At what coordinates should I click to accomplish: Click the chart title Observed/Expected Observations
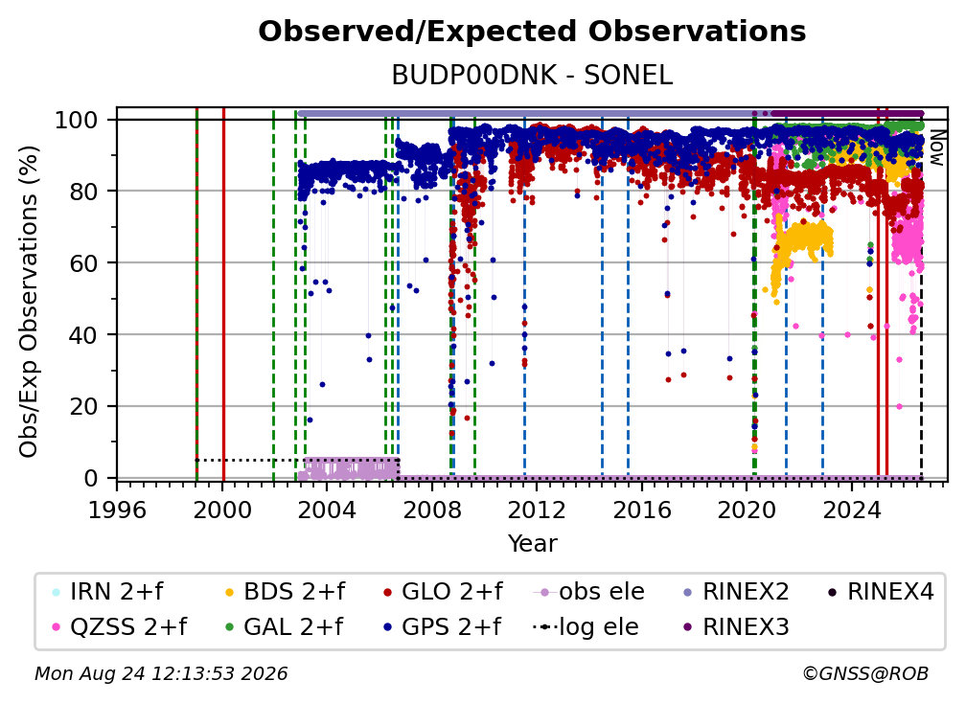pyautogui.click(x=532, y=32)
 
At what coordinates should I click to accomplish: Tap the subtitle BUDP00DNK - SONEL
pyautogui.click(x=532, y=76)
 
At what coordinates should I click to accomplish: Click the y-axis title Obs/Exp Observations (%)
pyautogui.click(x=29, y=302)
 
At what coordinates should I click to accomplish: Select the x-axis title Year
pyautogui.click(x=532, y=544)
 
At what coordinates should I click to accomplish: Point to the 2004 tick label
pyautogui.click(x=327, y=510)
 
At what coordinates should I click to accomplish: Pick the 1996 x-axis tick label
pyautogui.click(x=117, y=510)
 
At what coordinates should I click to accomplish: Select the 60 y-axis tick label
pyautogui.click(x=83, y=262)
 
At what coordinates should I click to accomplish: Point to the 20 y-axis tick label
pyautogui.click(x=83, y=406)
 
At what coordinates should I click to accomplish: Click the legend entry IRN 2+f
pyautogui.click(x=108, y=592)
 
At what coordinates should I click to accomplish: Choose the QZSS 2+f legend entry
pyautogui.click(x=120, y=626)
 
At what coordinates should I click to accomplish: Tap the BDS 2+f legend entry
pyautogui.click(x=286, y=592)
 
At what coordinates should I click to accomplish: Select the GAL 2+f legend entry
pyautogui.click(x=284, y=626)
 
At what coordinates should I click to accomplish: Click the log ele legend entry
pyautogui.click(x=586, y=626)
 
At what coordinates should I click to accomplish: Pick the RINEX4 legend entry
pyautogui.click(x=881, y=592)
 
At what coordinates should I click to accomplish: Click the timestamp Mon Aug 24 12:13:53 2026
pyautogui.click(x=161, y=673)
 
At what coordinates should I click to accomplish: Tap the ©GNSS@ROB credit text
pyautogui.click(x=865, y=673)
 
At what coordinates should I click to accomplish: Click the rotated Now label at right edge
pyautogui.click(x=937, y=148)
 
